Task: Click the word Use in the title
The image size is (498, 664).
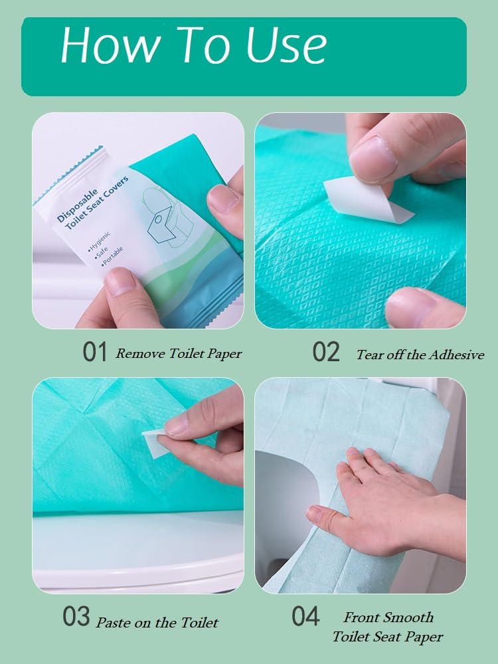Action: [x=287, y=45]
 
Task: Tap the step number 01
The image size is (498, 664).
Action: [x=94, y=352]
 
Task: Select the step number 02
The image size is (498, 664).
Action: [x=326, y=352]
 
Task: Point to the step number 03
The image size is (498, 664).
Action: [x=76, y=616]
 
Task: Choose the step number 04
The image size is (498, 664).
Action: [x=305, y=616]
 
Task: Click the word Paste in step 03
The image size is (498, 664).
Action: [x=111, y=623]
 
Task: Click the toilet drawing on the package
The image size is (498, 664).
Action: [x=167, y=217]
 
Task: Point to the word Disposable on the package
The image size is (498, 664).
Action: [x=78, y=206]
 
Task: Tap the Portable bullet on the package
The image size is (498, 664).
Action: [x=112, y=256]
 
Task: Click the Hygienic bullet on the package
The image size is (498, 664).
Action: [x=99, y=242]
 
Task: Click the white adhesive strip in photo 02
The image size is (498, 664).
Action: [x=368, y=199]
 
